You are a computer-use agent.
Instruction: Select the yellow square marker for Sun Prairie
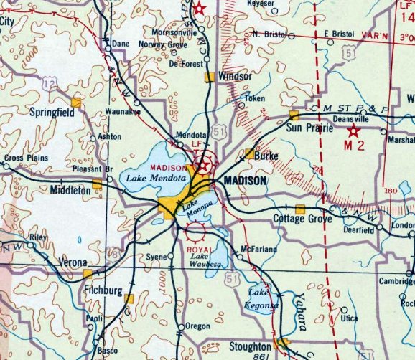[x=294, y=115]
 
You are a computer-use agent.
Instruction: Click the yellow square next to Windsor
[x=209, y=77]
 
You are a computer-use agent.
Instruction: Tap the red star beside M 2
[x=353, y=131]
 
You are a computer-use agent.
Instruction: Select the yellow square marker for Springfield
[x=75, y=102]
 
